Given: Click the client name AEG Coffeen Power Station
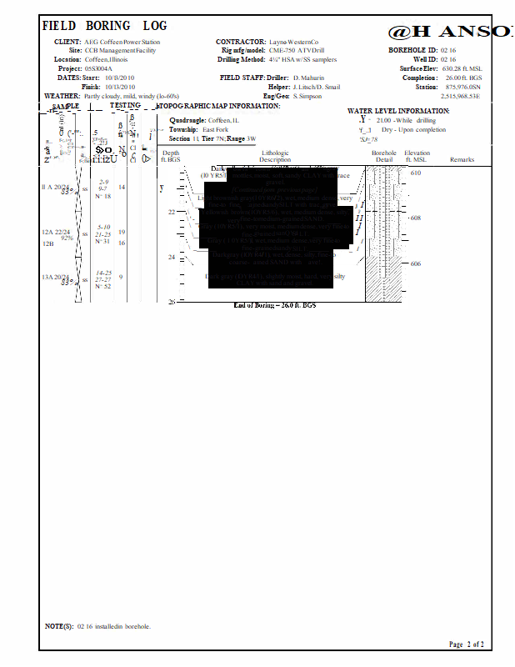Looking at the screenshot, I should coord(122,42).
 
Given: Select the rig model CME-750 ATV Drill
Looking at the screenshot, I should coord(297,51).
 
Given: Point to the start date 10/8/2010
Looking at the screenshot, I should coord(120,78).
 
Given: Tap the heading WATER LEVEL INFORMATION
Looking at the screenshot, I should coord(398,111).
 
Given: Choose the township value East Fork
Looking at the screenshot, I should coord(216,130).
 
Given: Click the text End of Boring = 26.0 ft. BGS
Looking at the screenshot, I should coord(275,306).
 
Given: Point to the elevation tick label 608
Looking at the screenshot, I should coord(417,218).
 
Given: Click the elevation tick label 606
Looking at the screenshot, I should coord(417,263).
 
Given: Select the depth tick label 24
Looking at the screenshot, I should coord(172,258).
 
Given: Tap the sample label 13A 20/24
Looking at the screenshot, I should coord(56,277).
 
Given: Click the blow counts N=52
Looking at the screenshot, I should coord(102,286).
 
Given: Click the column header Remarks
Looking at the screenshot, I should coord(462,159).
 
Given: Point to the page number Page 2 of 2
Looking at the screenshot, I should coord(466,644).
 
